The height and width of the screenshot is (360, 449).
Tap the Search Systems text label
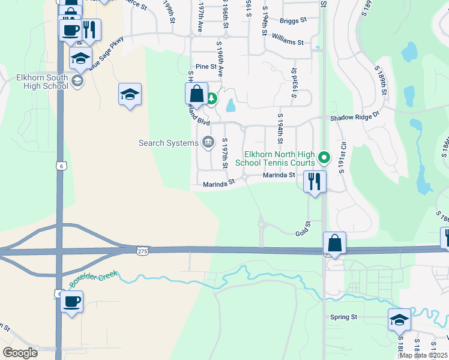[168, 143]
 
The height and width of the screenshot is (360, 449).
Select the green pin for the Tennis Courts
[324, 158]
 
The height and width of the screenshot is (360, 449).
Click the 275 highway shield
[142, 249]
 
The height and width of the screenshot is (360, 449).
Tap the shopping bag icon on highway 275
[334, 244]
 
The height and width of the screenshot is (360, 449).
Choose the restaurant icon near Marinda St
[315, 181]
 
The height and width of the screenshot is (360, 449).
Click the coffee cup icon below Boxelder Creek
[71, 302]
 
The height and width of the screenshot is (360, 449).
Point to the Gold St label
[302, 232]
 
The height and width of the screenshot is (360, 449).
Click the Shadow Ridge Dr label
[355, 118]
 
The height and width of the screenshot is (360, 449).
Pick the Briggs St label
[294, 19]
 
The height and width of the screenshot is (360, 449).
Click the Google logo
[20, 353]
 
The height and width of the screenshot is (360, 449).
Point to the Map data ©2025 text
[424, 355]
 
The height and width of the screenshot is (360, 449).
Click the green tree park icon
[211, 98]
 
